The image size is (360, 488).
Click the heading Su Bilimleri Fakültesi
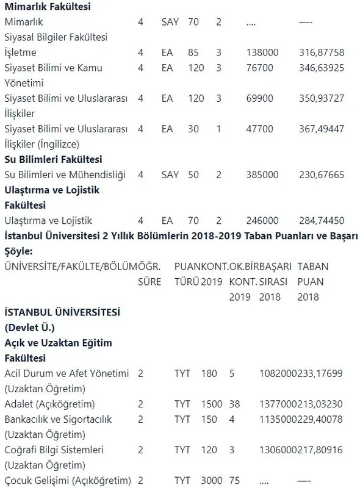click(52, 160)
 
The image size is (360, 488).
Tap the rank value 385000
click(263, 175)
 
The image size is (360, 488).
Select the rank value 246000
click(263, 221)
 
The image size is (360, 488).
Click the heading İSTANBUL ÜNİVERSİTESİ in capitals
click(62, 312)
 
